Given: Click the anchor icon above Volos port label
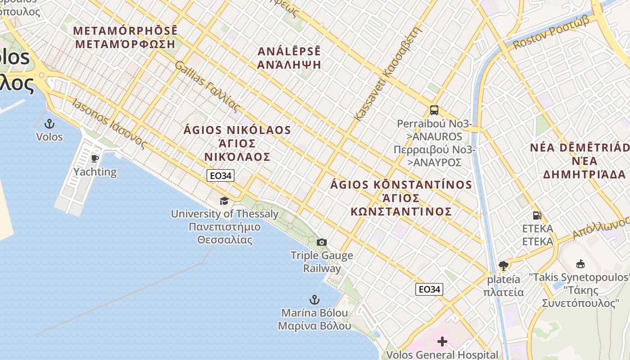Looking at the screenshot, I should [49, 124].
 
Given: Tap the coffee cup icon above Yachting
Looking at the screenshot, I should [94, 158].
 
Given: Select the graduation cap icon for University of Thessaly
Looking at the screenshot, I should [224, 201].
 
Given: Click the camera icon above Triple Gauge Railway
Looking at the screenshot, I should [321, 243].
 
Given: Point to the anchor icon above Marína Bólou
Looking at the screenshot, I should [314, 299].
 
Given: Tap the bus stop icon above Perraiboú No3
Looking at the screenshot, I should [434, 110].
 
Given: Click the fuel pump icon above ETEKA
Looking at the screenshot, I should [536, 216].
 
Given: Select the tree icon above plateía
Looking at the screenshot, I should [503, 266].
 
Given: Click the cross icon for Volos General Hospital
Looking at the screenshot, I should [442, 342].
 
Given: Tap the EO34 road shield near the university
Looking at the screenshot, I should [220, 175].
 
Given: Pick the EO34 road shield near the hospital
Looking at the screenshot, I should [429, 289].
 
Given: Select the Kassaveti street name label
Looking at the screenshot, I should [389, 74].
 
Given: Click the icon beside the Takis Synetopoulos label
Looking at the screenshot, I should [580, 264].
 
